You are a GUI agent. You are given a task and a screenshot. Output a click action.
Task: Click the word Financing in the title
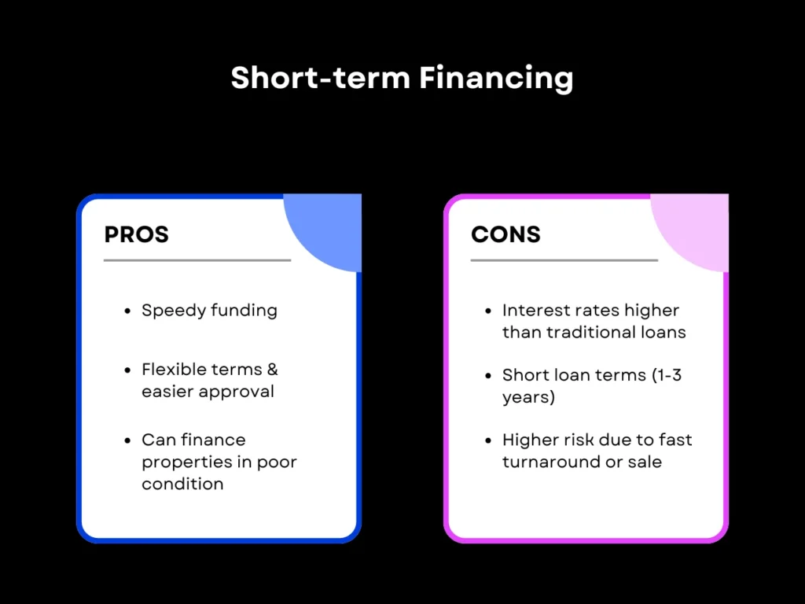[495, 79]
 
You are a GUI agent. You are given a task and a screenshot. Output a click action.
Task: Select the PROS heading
[136, 234]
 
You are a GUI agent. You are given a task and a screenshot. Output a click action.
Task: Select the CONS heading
[505, 234]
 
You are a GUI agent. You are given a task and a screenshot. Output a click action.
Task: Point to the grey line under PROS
[197, 260]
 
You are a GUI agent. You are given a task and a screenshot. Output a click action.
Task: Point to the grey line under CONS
[564, 260]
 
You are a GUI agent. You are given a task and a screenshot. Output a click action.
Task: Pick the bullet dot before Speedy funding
[127, 311]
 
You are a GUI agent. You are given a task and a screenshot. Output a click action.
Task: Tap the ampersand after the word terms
[271, 370]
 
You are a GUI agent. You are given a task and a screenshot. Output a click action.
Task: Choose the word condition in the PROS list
[182, 484]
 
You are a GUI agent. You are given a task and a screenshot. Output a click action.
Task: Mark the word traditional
[582, 332]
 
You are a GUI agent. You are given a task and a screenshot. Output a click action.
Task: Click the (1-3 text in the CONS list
[667, 375]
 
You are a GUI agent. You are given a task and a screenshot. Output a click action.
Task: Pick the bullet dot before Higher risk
[488, 440]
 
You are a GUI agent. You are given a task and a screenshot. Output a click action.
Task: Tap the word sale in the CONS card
[645, 462]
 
